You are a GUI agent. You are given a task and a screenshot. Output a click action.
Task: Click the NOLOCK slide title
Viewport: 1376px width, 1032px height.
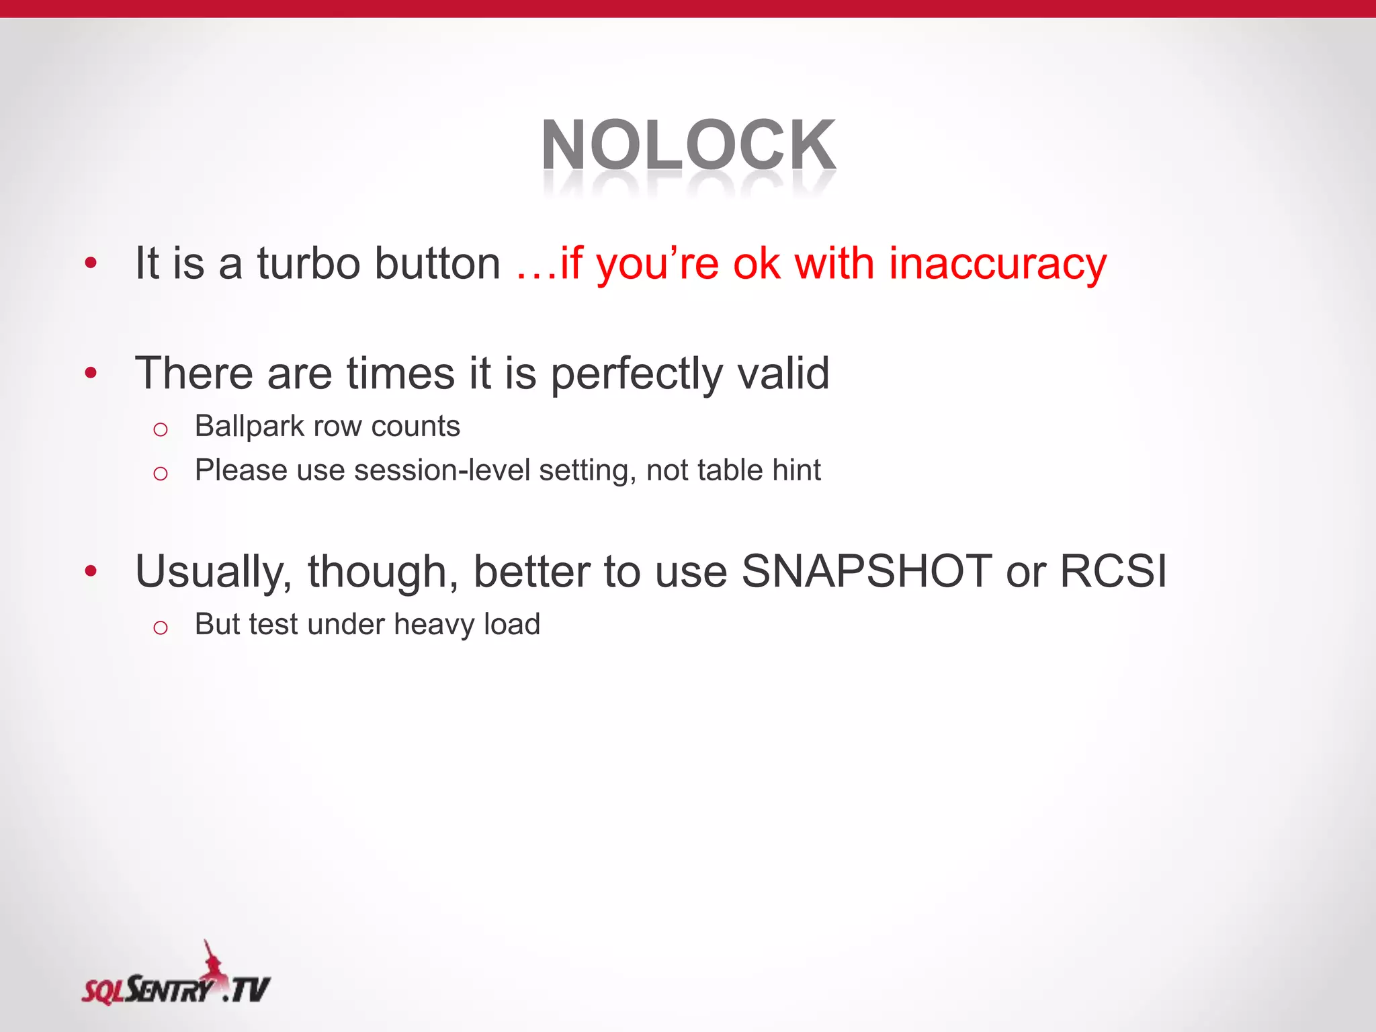point(688,146)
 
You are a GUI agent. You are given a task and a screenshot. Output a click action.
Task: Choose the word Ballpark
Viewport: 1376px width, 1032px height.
point(249,427)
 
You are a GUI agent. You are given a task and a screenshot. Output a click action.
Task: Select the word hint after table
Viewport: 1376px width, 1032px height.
point(796,470)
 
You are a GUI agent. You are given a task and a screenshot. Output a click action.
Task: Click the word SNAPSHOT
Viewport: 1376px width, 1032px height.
point(866,571)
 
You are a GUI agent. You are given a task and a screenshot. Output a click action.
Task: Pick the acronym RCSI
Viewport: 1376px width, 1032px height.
point(1113,571)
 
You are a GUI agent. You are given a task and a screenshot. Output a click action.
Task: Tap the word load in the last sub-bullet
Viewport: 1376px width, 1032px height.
point(512,624)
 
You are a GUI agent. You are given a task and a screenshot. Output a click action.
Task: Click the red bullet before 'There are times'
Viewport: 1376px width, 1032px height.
point(91,373)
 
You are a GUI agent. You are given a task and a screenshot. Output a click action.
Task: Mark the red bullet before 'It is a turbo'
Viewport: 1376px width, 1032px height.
point(91,263)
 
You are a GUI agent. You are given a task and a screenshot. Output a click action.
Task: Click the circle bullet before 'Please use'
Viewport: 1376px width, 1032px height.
point(160,474)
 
